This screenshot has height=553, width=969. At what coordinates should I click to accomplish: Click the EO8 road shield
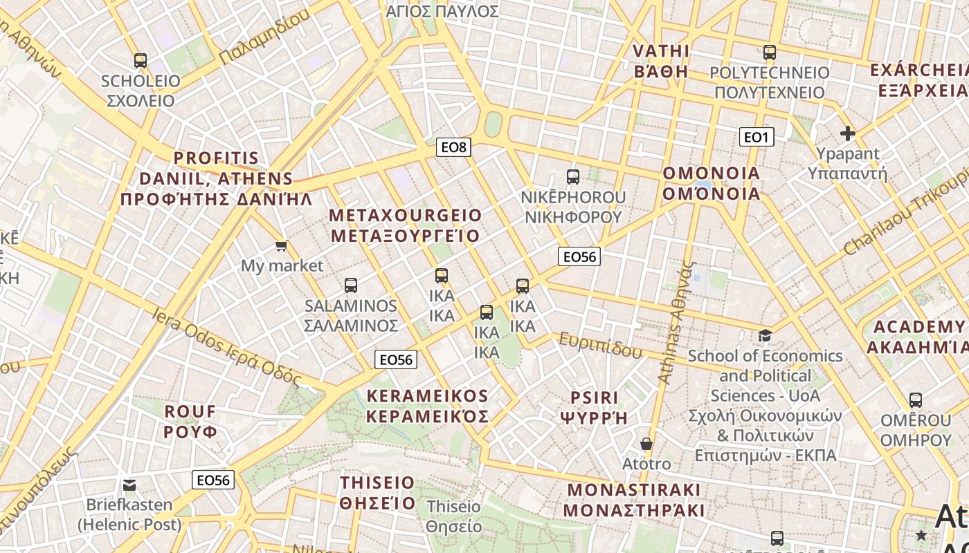pos(454,147)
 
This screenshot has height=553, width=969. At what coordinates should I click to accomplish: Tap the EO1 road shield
pos(756,137)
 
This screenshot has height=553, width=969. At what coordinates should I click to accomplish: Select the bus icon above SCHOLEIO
pos(141,61)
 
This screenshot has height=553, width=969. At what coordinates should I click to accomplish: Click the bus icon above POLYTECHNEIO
pos(769,53)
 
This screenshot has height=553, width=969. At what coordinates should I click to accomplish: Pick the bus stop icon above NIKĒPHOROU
pos(573,177)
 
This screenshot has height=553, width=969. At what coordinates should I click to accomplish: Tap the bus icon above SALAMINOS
pos(351,285)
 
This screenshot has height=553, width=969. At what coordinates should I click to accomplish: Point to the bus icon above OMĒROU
pos(916,400)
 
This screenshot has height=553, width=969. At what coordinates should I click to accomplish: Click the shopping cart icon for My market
pos(281,246)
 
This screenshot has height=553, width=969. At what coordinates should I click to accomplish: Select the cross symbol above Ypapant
pos(847,133)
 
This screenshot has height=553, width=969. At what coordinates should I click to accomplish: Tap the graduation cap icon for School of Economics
pos(765,336)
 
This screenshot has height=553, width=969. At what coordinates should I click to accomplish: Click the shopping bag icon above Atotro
pos(646,444)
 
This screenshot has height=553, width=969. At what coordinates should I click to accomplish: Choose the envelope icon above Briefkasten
pos(129,485)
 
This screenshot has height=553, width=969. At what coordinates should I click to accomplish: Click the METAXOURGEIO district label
pos(405,225)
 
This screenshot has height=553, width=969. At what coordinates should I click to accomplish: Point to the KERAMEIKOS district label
pos(428,406)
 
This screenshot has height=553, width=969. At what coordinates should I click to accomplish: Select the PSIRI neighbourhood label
pos(593,408)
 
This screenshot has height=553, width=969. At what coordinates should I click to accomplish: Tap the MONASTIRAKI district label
pos(634,500)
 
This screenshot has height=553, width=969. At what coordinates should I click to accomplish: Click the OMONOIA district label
pos(712,183)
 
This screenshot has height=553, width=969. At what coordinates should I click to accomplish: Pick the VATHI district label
pos(661,61)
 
